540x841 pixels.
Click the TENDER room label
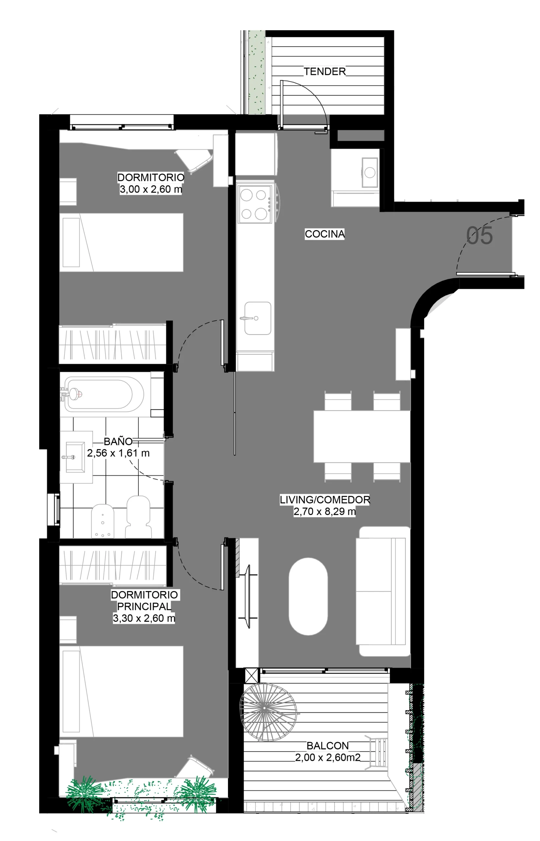coord(325,72)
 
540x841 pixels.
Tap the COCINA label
coord(325,234)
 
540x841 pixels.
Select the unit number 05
coord(479,236)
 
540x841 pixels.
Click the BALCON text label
coord(328,746)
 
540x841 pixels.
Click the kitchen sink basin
coord(258,318)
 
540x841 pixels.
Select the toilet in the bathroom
coord(138,516)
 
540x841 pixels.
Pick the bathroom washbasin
coord(75,457)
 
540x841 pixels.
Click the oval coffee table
coord(308,597)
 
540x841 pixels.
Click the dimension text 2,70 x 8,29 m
coord(325,511)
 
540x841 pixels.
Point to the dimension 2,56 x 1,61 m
coord(118,453)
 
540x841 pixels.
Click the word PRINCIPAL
coord(144,606)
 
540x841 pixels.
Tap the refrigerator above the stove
coord(256,154)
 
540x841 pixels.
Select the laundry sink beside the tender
coord(370,172)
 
